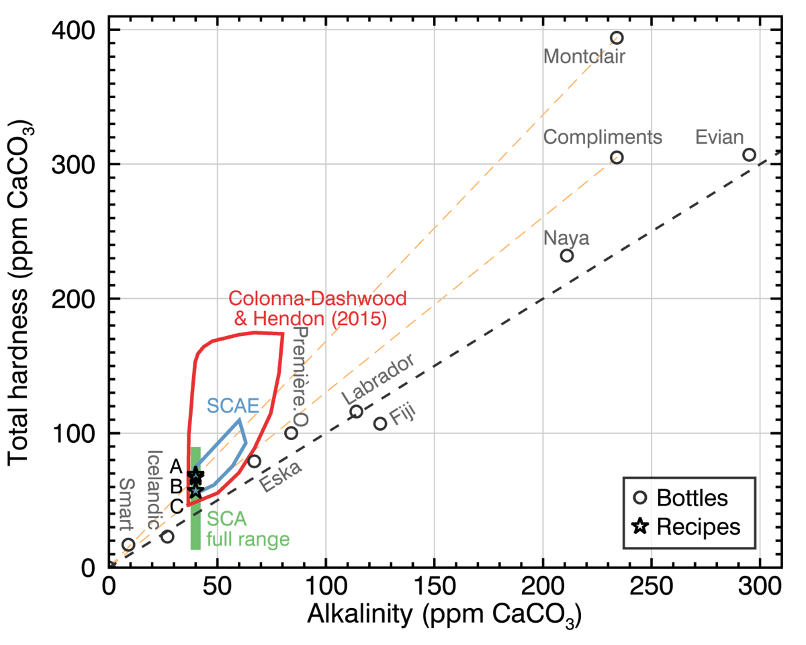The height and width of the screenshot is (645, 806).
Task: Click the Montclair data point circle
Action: click(x=617, y=38)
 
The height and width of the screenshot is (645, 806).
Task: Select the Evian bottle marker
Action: click(x=749, y=155)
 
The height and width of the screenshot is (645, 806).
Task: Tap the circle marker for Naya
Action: click(x=567, y=255)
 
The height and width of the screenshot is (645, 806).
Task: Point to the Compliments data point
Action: click(x=617, y=157)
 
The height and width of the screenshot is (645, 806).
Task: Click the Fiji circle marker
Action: click(x=380, y=423)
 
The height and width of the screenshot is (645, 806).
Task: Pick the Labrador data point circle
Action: click(x=357, y=411)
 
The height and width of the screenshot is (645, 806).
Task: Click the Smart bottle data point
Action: click(x=128, y=544)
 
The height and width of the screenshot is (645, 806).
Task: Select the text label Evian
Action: click(x=719, y=138)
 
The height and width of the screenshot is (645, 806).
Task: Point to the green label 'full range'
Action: click(x=247, y=539)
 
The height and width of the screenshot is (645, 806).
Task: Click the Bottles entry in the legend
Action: click(x=692, y=498)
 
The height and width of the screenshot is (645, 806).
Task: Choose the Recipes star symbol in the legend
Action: click(x=641, y=527)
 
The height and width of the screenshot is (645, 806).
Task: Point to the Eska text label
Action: click(x=281, y=476)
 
